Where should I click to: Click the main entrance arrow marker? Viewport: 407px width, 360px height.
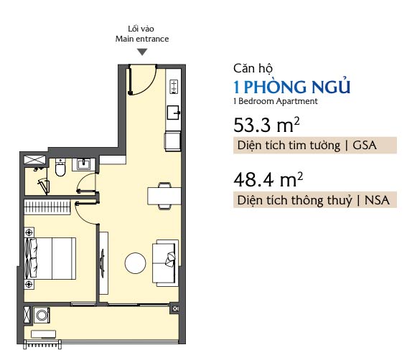(x=142, y=52)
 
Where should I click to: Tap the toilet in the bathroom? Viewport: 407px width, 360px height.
(x=60, y=168)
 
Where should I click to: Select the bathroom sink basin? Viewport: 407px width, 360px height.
(x=83, y=164)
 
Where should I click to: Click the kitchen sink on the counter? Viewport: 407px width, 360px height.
(x=173, y=113)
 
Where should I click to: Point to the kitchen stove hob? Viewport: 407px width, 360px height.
(x=174, y=87)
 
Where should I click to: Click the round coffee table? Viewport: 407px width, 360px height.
(x=135, y=262)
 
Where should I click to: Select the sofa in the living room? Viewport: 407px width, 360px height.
(x=165, y=262)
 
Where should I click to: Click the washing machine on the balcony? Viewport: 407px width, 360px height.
(x=42, y=315)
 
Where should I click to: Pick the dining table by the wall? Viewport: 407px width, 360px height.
(x=164, y=196)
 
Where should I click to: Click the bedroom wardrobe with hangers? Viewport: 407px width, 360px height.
(x=47, y=207)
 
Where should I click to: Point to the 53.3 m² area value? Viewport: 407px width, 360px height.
(x=266, y=125)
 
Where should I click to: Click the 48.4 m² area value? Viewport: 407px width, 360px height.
(x=268, y=179)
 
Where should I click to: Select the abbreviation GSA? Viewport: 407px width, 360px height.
(x=365, y=146)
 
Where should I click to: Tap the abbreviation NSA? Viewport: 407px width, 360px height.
(x=377, y=200)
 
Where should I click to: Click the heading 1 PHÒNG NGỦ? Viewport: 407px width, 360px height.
(x=292, y=87)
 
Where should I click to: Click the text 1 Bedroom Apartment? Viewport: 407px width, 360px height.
(x=276, y=101)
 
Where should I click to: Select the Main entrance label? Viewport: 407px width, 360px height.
(x=142, y=39)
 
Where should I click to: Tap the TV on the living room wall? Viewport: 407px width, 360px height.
(x=102, y=263)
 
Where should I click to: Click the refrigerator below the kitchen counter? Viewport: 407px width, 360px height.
(x=172, y=141)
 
